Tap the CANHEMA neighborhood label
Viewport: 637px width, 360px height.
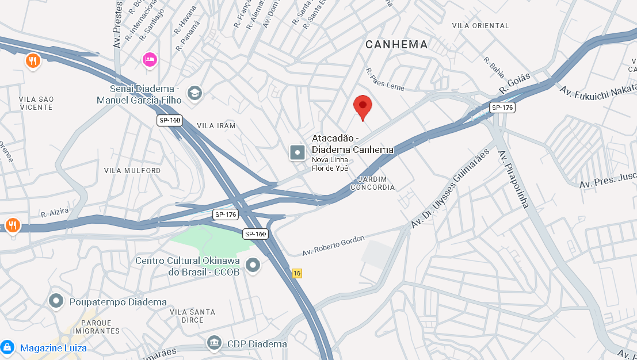point(397,44)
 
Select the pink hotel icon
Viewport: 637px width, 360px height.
point(150,59)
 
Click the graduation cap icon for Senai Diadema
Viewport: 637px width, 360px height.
point(195,93)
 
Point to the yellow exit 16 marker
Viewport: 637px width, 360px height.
point(297,273)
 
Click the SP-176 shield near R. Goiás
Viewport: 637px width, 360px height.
point(502,108)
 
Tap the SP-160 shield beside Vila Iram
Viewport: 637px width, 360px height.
point(169,120)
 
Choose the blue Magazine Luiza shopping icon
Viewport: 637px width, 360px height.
point(7,347)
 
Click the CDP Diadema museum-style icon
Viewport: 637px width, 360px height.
point(214,343)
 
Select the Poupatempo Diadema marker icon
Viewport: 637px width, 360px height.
point(56,301)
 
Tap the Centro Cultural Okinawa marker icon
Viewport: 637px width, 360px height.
point(253,265)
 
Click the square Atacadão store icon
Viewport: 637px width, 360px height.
point(297,152)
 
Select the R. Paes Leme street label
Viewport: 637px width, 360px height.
point(386,79)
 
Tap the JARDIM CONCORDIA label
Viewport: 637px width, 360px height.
point(373,183)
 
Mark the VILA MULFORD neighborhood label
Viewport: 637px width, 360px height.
point(132,171)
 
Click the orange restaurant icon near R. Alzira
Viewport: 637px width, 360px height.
point(13,225)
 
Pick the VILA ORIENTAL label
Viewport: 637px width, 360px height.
point(480,26)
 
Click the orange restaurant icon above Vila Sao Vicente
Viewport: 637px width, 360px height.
point(33,60)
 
